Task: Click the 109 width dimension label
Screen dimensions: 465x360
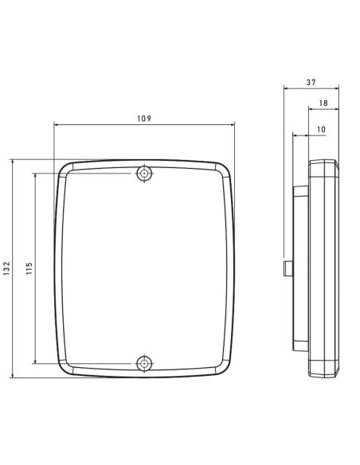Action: pyautogui.click(x=144, y=119)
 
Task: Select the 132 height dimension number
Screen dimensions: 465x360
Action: pyautogui.click(x=6, y=268)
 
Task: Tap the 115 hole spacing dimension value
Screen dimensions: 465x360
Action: pyautogui.click(x=29, y=268)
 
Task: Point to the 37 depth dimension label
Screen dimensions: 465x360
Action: pyautogui.click(x=311, y=82)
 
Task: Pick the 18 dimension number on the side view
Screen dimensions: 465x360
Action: pyautogui.click(x=323, y=104)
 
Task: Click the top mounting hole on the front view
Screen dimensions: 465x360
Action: pyautogui.click(x=144, y=173)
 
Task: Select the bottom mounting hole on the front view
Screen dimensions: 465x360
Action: pyautogui.click(x=144, y=363)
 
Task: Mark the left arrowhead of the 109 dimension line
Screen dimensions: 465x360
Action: pyautogui.click(x=56, y=124)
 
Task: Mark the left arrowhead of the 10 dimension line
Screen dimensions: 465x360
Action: pyautogui.click(x=295, y=135)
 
